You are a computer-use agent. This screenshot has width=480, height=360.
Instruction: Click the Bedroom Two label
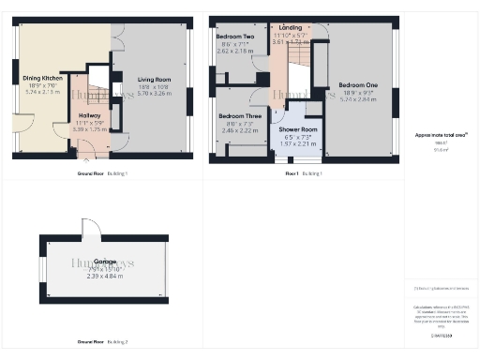234,43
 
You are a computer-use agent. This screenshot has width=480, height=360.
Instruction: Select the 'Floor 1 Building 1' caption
304,173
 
